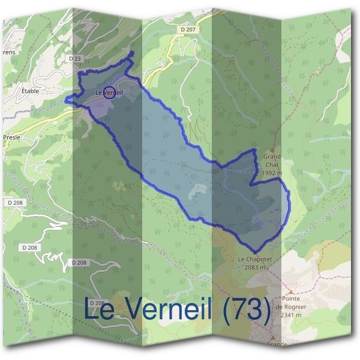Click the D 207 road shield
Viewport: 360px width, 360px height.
(187, 29)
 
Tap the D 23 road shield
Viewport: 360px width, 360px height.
(74, 58)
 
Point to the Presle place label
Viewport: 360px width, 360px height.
(12, 137)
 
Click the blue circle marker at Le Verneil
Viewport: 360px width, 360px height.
(109, 92)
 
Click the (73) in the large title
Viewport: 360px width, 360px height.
(245, 310)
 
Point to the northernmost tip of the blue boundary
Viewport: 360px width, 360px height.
(132, 52)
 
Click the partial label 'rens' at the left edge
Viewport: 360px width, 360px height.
(8, 52)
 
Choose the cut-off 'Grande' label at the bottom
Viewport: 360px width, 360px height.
(277, 344)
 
